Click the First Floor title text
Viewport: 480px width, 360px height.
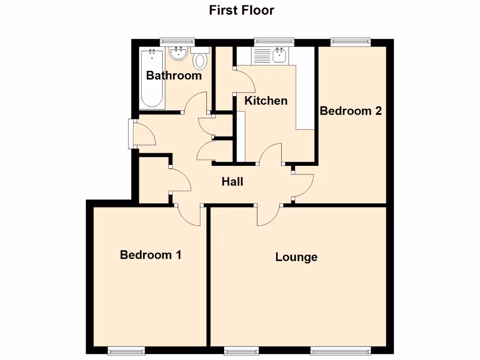241,10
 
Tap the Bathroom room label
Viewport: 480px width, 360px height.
174,75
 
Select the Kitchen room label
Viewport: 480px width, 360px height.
266,100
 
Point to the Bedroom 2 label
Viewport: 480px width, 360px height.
351,111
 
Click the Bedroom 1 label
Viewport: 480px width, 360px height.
150,255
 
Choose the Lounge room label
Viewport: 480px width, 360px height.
296,257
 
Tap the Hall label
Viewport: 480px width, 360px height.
232,181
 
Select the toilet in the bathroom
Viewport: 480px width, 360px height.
201,60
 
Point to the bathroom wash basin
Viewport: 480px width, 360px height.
179,54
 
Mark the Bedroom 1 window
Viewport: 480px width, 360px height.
126,351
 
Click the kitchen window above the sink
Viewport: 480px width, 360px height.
274,42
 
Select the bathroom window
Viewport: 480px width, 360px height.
177,42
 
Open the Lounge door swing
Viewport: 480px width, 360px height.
268,216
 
